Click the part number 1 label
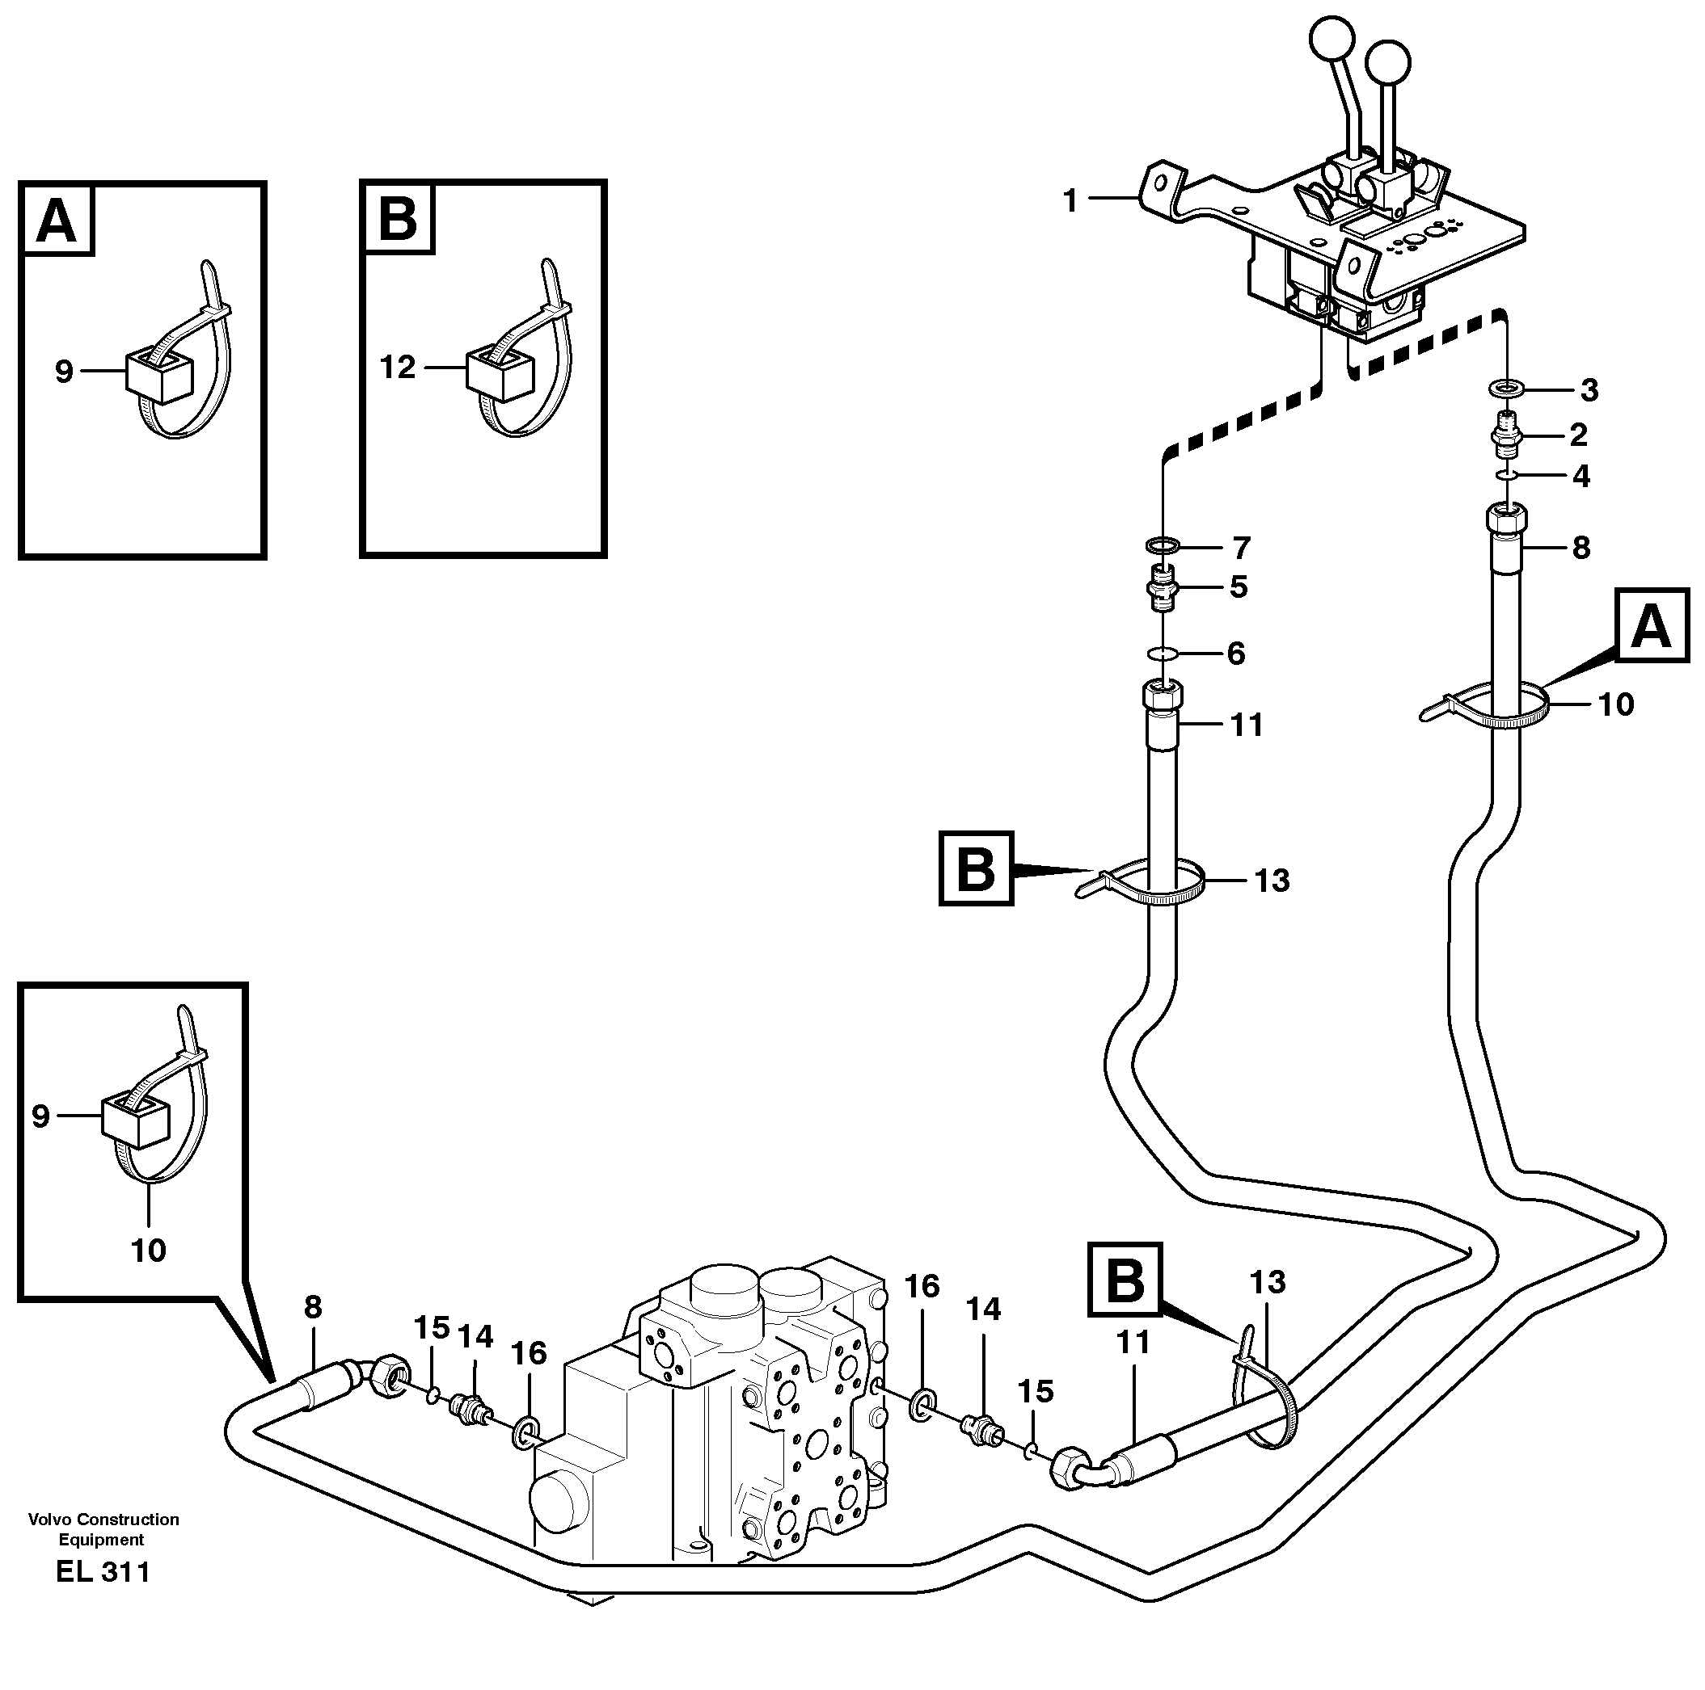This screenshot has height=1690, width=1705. tap(1070, 202)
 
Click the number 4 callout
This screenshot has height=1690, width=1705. tap(1581, 477)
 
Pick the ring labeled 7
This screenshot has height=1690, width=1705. tap(1164, 545)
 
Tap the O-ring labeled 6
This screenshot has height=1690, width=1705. tap(1164, 654)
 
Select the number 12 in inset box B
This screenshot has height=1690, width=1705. tap(397, 367)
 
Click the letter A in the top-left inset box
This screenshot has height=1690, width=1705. tap(57, 221)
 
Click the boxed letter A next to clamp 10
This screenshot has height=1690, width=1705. tap(1651, 627)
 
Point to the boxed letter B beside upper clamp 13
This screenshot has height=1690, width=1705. tap(975, 868)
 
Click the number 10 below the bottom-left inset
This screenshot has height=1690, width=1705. tap(148, 1250)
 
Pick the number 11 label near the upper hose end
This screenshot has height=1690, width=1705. tap(1246, 725)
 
